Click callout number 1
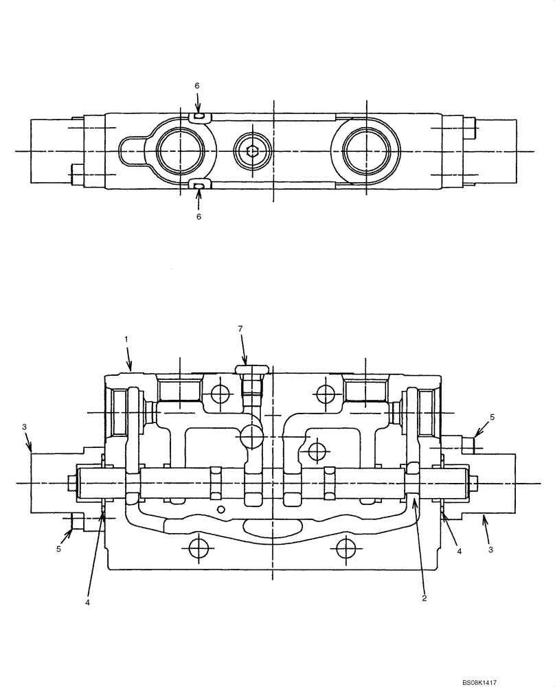[126, 339]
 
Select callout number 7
[240, 329]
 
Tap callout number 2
[424, 598]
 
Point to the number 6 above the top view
[197, 85]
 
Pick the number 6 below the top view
[199, 216]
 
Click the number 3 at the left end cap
[25, 427]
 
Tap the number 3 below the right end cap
[490, 550]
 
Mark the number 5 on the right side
[492, 417]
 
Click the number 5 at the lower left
[59, 550]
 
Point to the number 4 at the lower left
[88, 602]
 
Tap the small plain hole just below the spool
[220, 509]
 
